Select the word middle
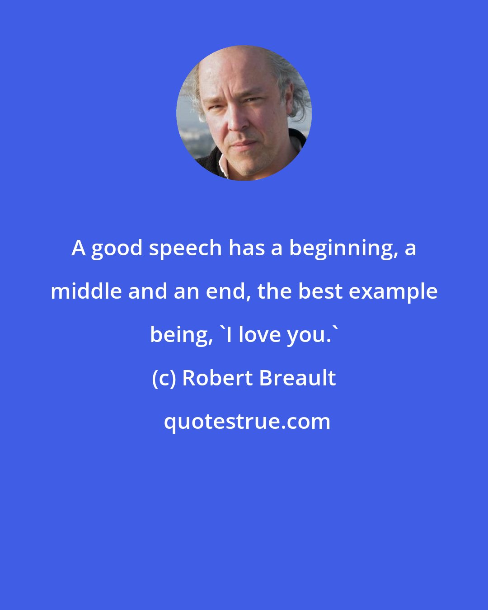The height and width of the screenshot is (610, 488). (x=86, y=292)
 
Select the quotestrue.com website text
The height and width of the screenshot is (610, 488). (x=247, y=422)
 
